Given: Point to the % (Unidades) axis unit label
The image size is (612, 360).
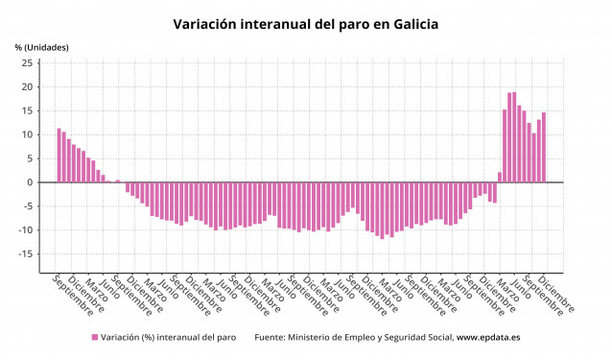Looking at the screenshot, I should [x=41, y=47].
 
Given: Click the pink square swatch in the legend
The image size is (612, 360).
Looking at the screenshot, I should [x=95, y=337].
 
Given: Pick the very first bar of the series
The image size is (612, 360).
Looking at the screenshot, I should [x=59, y=156].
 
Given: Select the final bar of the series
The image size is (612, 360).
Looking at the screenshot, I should [x=543, y=148].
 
